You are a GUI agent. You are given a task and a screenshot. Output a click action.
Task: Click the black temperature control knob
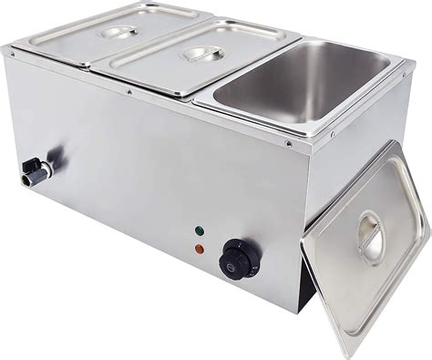(239, 259)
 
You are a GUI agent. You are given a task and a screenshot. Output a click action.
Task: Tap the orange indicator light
(200, 247)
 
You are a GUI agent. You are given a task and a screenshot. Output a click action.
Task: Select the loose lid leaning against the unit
(365, 242)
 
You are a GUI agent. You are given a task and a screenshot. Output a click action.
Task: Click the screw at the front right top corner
(289, 144)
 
